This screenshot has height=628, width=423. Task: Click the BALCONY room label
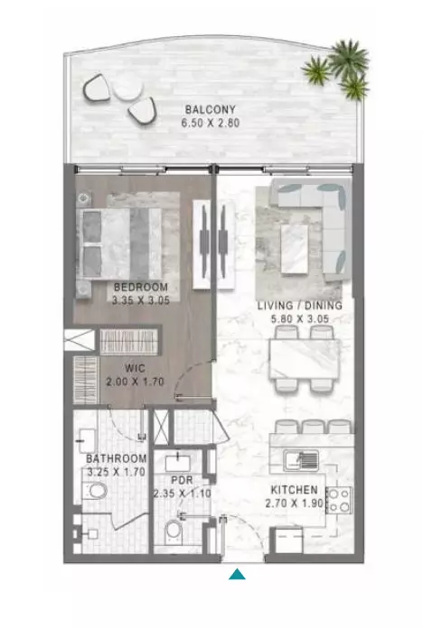click(x=211, y=109)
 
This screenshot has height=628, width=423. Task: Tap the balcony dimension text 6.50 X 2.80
click(x=211, y=123)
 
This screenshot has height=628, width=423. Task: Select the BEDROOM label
click(x=141, y=287)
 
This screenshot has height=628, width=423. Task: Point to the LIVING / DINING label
click(x=300, y=306)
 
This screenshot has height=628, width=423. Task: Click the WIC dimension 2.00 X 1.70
click(x=135, y=382)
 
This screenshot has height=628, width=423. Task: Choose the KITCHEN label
click(x=294, y=489)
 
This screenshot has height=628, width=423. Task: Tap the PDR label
click(x=182, y=480)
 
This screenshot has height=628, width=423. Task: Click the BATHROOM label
click(x=117, y=458)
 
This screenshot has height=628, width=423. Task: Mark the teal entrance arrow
click(x=237, y=574)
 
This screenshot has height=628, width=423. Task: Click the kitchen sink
click(x=301, y=460)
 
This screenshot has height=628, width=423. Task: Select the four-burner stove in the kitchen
click(x=339, y=500)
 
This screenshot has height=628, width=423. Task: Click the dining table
click(x=305, y=359)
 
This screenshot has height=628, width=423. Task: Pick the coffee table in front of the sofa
click(x=295, y=249)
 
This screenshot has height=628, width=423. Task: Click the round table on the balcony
click(x=127, y=88)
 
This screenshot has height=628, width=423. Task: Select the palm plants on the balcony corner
click(x=336, y=69)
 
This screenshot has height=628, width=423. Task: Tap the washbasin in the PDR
click(x=178, y=462)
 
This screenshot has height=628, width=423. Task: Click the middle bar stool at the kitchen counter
click(x=314, y=427)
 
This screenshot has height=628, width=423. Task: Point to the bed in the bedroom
click(x=119, y=243)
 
